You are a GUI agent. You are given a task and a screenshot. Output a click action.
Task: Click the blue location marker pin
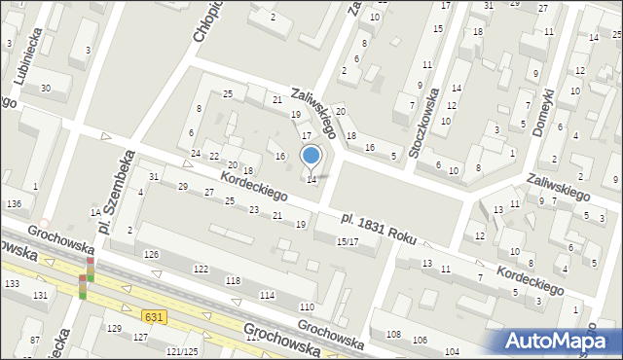click(x=311, y=156)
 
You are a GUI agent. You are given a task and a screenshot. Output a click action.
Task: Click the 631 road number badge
click(x=152, y=317)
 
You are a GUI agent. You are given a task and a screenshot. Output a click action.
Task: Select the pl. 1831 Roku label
click(x=376, y=224)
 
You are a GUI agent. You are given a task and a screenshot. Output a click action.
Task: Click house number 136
click(x=14, y=203)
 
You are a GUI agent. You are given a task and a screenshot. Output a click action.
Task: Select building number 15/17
click(x=348, y=241)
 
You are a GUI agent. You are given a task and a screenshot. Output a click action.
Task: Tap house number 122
click(x=201, y=269)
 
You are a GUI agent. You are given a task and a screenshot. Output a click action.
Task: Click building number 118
click(x=234, y=281)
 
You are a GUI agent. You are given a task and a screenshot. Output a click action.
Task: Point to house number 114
click(x=267, y=295)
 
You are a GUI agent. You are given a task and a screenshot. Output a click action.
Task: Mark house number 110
click(x=306, y=307)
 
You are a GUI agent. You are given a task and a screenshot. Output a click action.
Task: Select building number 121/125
click(x=182, y=351)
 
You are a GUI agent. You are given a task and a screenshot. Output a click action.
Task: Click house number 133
click(x=12, y=283)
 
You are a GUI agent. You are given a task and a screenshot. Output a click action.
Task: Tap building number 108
click(x=393, y=336)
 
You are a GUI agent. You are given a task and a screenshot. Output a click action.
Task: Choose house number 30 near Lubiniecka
click(x=45, y=89)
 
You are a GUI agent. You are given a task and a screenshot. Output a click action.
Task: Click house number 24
click(x=196, y=154)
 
